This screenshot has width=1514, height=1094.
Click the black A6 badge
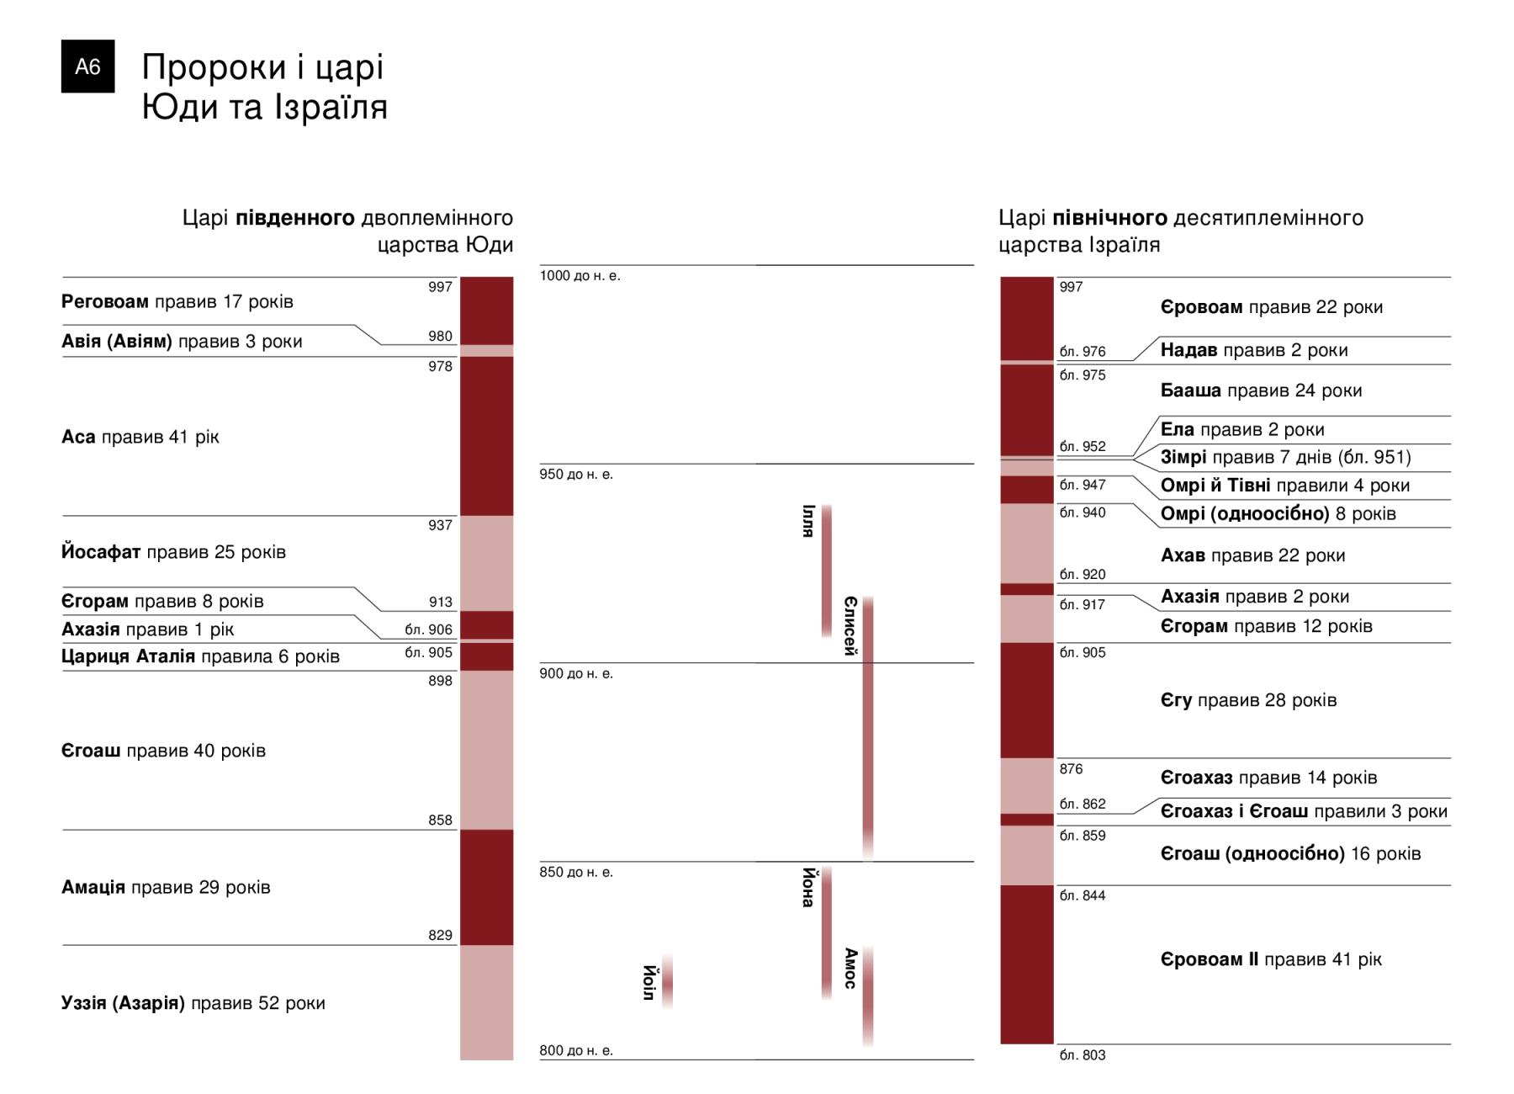pos(87,66)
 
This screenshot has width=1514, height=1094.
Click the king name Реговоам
pos(105,301)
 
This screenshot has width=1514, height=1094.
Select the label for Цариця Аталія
pos(129,656)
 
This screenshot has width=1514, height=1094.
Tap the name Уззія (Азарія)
pos(123,1003)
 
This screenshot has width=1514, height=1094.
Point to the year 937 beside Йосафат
pos(440,525)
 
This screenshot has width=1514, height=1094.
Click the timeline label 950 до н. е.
pos(576,475)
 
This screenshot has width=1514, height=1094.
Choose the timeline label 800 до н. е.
pos(576,1050)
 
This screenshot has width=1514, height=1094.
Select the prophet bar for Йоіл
pos(667,981)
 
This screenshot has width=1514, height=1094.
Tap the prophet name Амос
pos(850,968)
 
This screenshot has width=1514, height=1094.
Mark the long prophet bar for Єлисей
pos(868,728)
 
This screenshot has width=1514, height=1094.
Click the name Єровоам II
pos(1210,959)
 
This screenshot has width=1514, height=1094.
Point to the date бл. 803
pos(1083,1055)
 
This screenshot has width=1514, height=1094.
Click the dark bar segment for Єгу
pos(1026,700)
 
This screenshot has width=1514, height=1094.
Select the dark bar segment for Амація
pos(486,887)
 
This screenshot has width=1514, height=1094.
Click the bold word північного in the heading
pos(1109,218)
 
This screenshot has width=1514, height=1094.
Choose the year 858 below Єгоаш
pos(440,820)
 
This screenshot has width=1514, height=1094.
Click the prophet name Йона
pos(808,887)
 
